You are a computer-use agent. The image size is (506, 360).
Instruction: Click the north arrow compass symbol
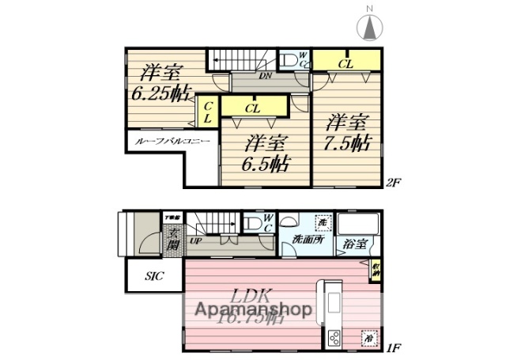369,26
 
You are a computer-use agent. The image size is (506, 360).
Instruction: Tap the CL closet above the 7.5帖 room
346,61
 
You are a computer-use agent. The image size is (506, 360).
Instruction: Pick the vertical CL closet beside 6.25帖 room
208,112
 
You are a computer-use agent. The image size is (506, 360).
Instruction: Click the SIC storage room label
154,277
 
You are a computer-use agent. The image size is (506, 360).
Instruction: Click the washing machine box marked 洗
322,223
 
